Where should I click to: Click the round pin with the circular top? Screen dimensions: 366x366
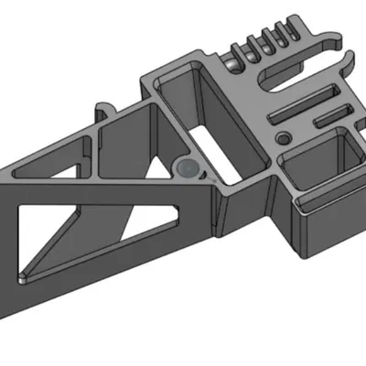[x=188, y=167]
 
